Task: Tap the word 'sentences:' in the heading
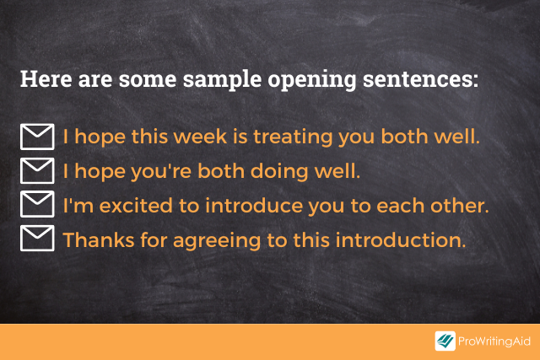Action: (420, 79)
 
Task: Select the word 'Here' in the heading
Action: (46, 78)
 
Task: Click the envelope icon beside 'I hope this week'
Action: (37, 137)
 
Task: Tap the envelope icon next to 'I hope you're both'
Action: (37, 170)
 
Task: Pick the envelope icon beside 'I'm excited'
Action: (37, 204)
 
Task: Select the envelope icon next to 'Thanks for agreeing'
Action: (37, 238)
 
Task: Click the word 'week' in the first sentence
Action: (200, 137)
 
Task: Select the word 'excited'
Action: (136, 206)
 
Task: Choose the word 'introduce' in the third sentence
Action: (254, 206)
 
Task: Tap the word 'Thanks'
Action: (99, 240)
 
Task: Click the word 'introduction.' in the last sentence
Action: (401, 240)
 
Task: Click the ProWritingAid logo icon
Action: (445, 341)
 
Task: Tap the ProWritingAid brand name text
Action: (494, 341)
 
